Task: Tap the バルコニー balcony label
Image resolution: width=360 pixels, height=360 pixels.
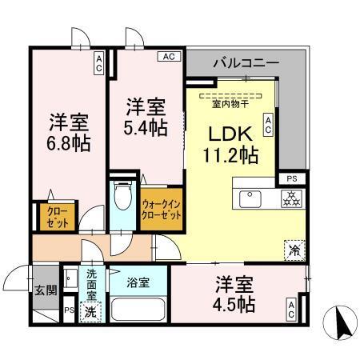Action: click(x=246, y=62)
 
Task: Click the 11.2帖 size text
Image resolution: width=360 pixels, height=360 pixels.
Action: click(x=232, y=154)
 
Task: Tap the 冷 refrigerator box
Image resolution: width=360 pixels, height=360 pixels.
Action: click(x=293, y=250)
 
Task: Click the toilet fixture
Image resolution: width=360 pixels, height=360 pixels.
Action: click(x=122, y=195)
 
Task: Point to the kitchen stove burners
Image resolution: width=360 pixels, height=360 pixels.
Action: click(x=290, y=199)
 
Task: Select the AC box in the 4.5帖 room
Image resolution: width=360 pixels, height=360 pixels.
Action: click(x=291, y=310)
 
